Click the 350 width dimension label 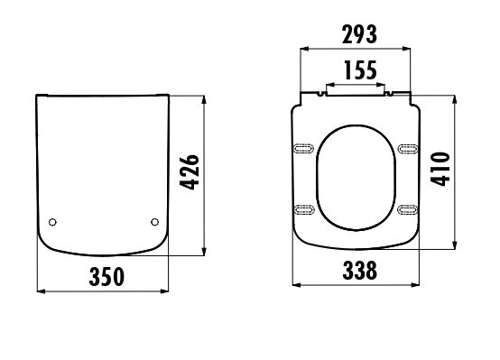point(106,277)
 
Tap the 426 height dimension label point(190,172)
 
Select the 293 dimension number point(359,34)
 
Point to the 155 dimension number point(361,70)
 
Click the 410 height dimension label point(440,169)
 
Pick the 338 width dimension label point(360,271)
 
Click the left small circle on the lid point(52,222)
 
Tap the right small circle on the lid point(154,222)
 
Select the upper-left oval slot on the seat point(303,148)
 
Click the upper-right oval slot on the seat point(408,149)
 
